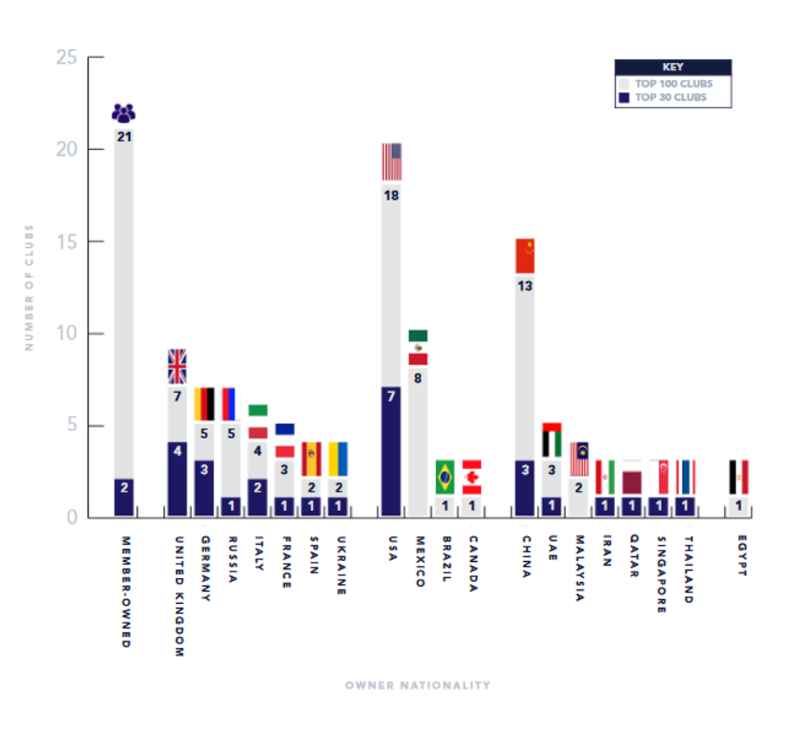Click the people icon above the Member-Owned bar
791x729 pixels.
[x=123, y=113]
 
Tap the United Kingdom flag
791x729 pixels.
[x=177, y=367]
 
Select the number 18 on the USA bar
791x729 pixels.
[x=391, y=195]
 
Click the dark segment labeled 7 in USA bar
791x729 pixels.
[x=391, y=452]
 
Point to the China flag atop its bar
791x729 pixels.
[x=525, y=256]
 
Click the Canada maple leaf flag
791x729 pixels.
[x=471, y=477]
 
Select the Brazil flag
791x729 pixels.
[x=445, y=477]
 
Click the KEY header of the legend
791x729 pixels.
[x=672, y=67]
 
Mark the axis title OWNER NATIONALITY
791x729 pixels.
[x=417, y=685]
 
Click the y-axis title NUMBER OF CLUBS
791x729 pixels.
[x=29, y=287]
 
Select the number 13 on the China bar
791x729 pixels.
[x=525, y=286]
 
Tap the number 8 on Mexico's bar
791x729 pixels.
[x=418, y=377]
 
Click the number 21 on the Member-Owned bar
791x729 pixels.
[x=123, y=137]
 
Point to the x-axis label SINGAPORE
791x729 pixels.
[x=661, y=575]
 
